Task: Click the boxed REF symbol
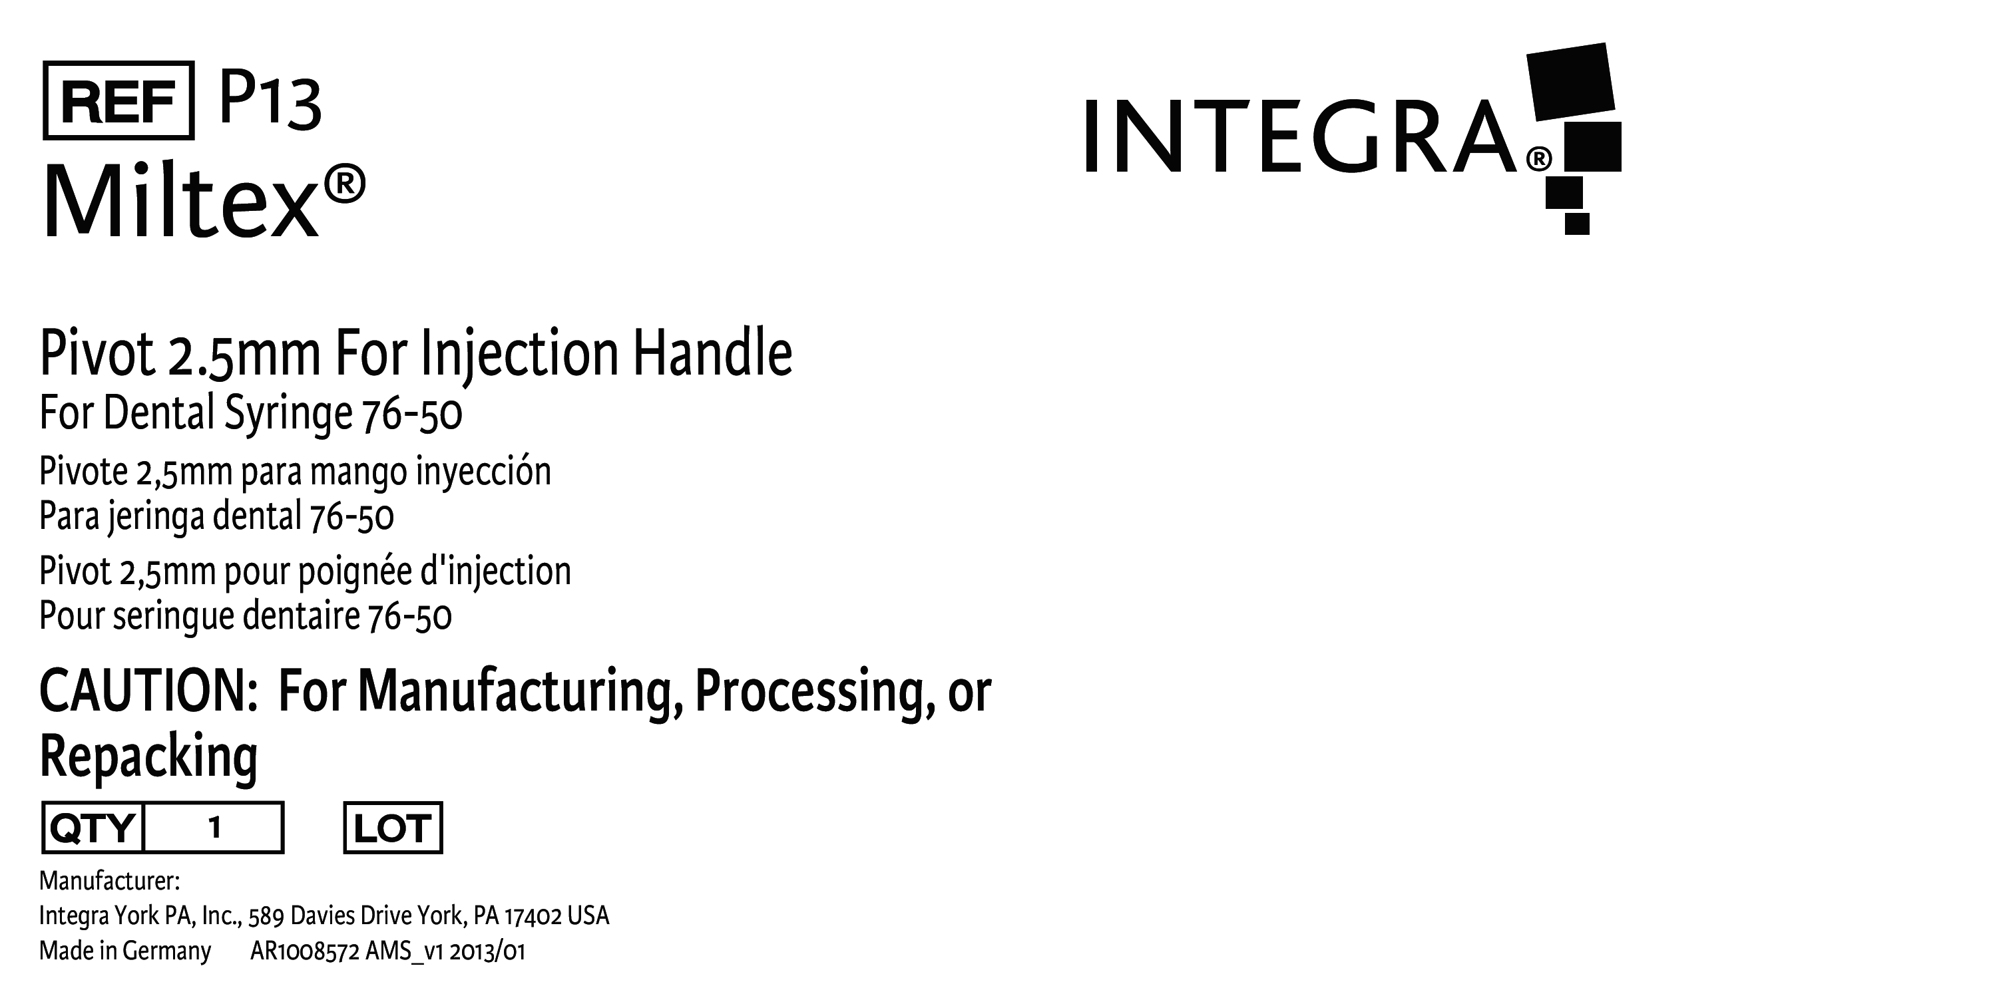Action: point(118,100)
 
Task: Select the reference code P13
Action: point(270,100)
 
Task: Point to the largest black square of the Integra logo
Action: point(1570,81)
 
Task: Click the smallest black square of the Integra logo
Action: point(1577,223)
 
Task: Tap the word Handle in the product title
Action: point(712,353)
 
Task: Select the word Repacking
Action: point(148,756)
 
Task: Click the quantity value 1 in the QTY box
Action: point(215,828)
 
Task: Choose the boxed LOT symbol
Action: point(392,828)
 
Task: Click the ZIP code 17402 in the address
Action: point(533,917)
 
